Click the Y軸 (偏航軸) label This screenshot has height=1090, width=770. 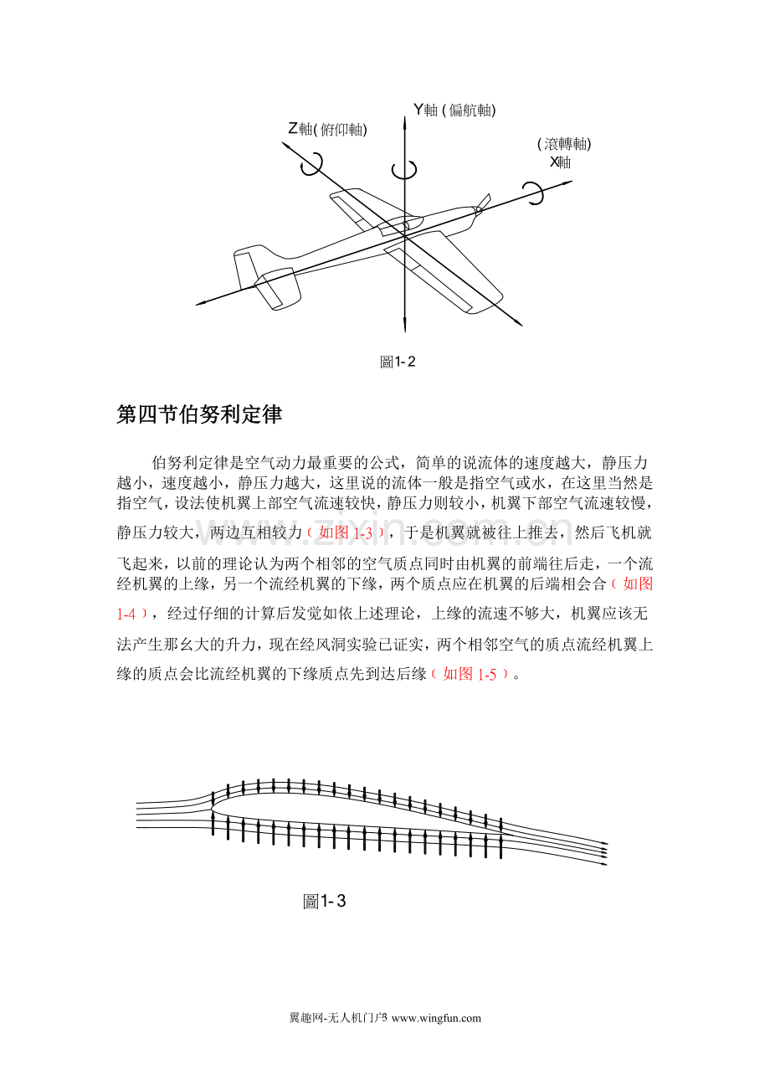point(454,110)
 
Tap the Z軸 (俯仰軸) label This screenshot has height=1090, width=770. point(327,129)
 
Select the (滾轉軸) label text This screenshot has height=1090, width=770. point(564,144)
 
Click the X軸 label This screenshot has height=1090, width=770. point(560,162)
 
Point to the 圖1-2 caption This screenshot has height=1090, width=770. point(398,362)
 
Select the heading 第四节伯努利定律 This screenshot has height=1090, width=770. point(199,414)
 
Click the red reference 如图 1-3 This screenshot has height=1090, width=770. point(346,532)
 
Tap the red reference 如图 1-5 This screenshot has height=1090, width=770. point(470,674)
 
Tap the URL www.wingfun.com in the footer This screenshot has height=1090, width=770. point(436,1017)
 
